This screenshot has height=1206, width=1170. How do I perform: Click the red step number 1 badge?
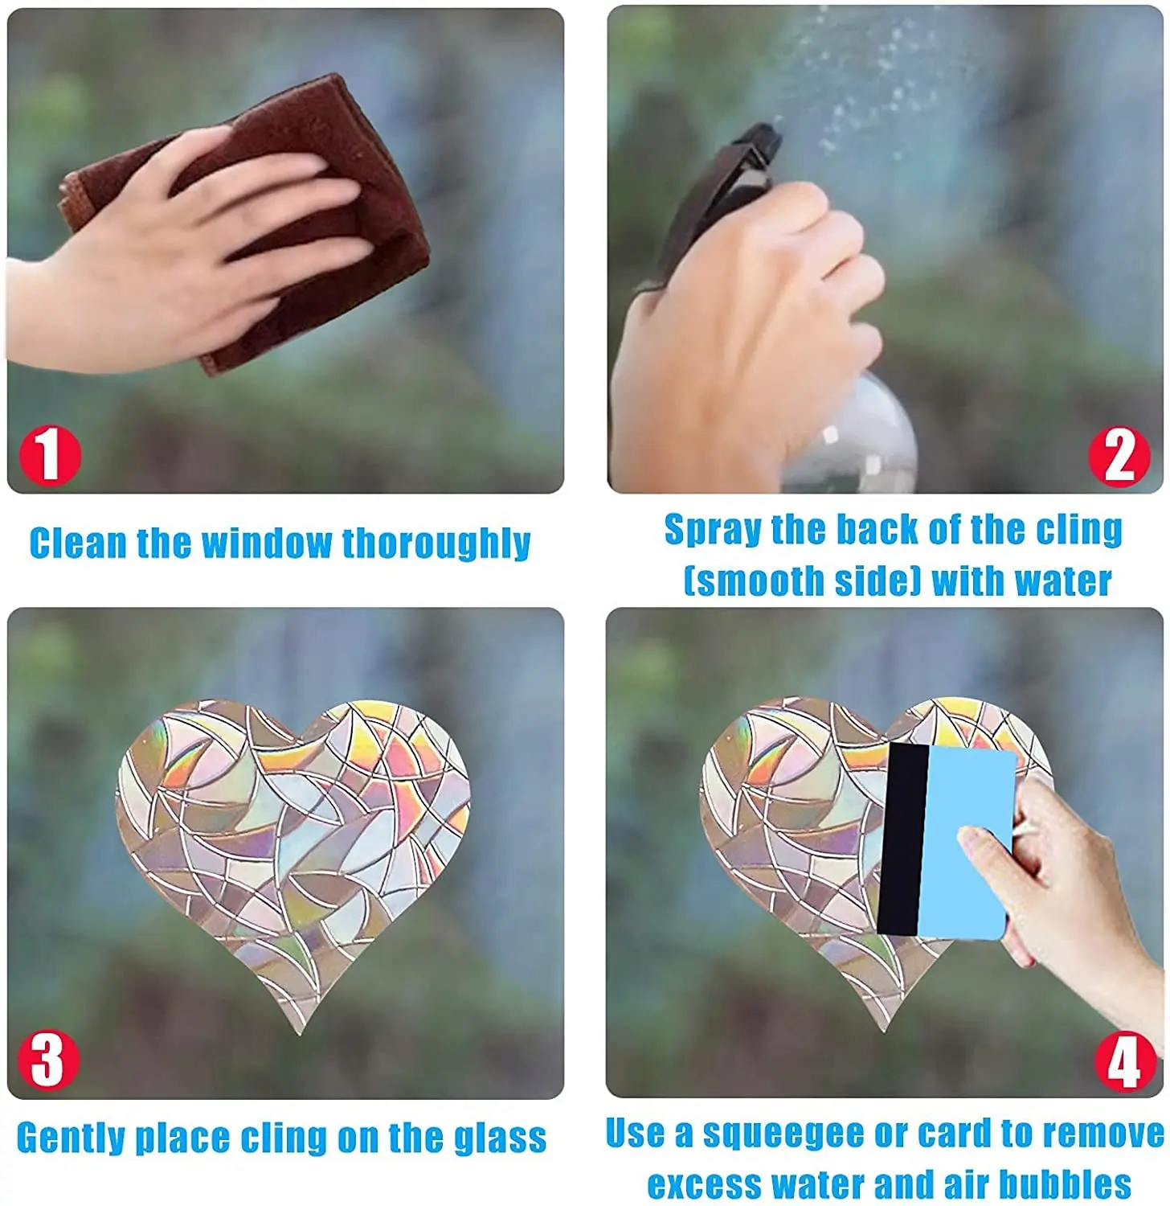click(x=50, y=456)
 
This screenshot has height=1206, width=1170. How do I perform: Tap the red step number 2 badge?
click(x=1119, y=456)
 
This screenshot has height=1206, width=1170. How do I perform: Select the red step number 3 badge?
click(x=49, y=1060)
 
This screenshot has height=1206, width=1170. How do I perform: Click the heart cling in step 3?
click(x=293, y=844)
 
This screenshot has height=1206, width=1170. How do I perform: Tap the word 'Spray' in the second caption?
click(x=712, y=531)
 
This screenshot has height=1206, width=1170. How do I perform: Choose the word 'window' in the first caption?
click(x=265, y=544)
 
